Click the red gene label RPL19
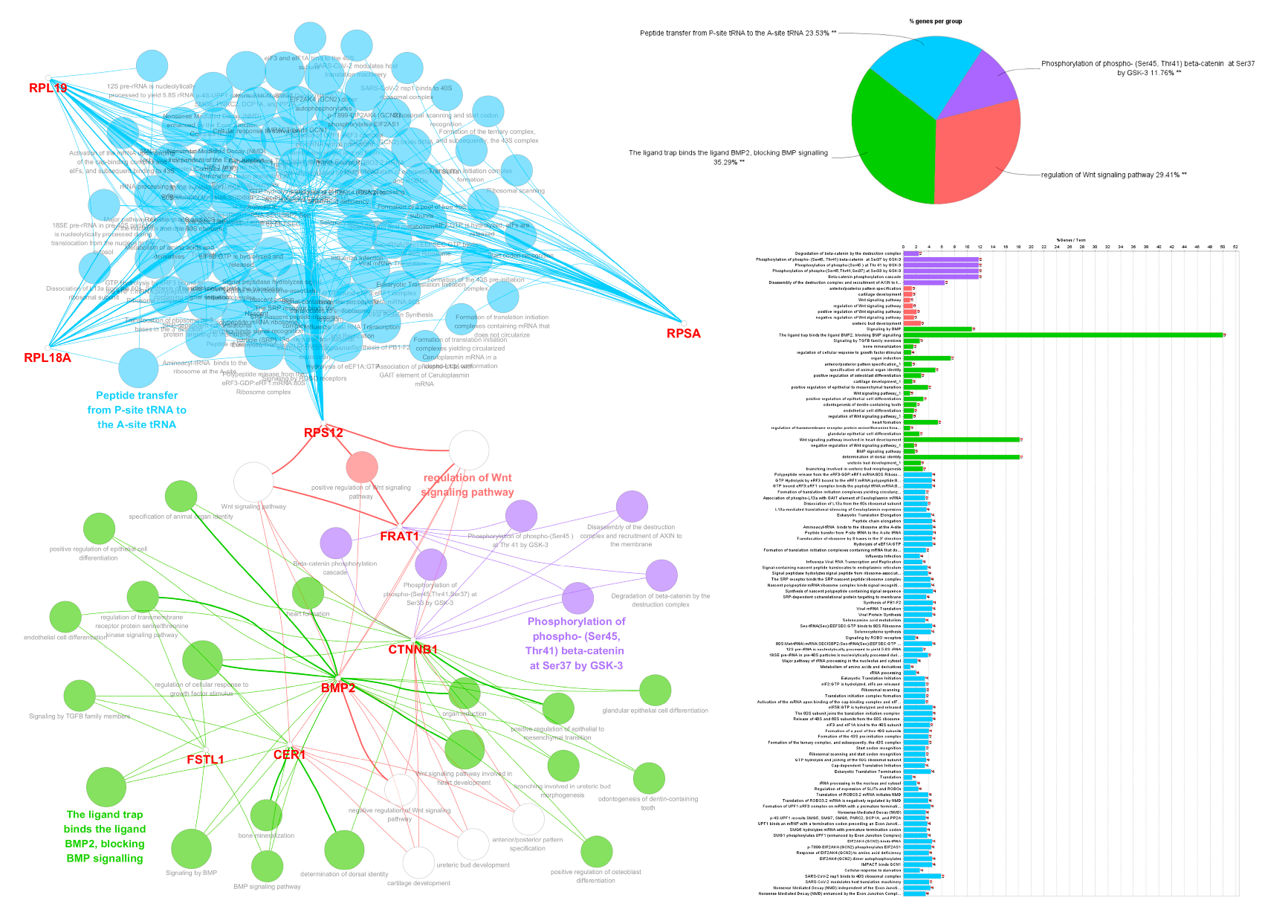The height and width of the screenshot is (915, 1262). pyautogui.click(x=48, y=88)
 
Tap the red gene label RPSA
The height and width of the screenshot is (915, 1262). pyautogui.click(x=683, y=334)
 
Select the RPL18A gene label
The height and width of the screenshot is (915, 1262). pyautogui.click(x=48, y=358)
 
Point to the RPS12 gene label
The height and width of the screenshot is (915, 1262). pyautogui.click(x=323, y=433)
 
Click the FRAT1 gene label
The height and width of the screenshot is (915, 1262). pyautogui.click(x=399, y=536)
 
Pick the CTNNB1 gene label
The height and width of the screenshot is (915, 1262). pyautogui.click(x=412, y=650)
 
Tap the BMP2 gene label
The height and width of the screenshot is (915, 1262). pyautogui.click(x=338, y=688)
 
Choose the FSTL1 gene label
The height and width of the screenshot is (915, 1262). pyautogui.click(x=205, y=760)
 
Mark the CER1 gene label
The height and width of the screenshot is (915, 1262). pyautogui.click(x=289, y=755)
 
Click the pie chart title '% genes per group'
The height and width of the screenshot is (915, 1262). pyautogui.click(x=935, y=22)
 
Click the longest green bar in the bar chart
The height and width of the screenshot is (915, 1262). pyautogui.click(x=1063, y=335)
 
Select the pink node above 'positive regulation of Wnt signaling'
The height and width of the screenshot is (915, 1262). pyautogui.click(x=362, y=467)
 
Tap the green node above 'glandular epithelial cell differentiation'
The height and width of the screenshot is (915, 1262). pyautogui.click(x=655, y=691)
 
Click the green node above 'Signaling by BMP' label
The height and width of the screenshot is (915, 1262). pyautogui.click(x=191, y=848)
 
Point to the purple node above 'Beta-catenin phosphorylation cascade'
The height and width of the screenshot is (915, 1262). pyautogui.click(x=336, y=543)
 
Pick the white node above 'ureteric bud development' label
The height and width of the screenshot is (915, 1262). pyautogui.click(x=473, y=844)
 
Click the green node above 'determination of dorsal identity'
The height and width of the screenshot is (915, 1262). pyautogui.click(x=344, y=850)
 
